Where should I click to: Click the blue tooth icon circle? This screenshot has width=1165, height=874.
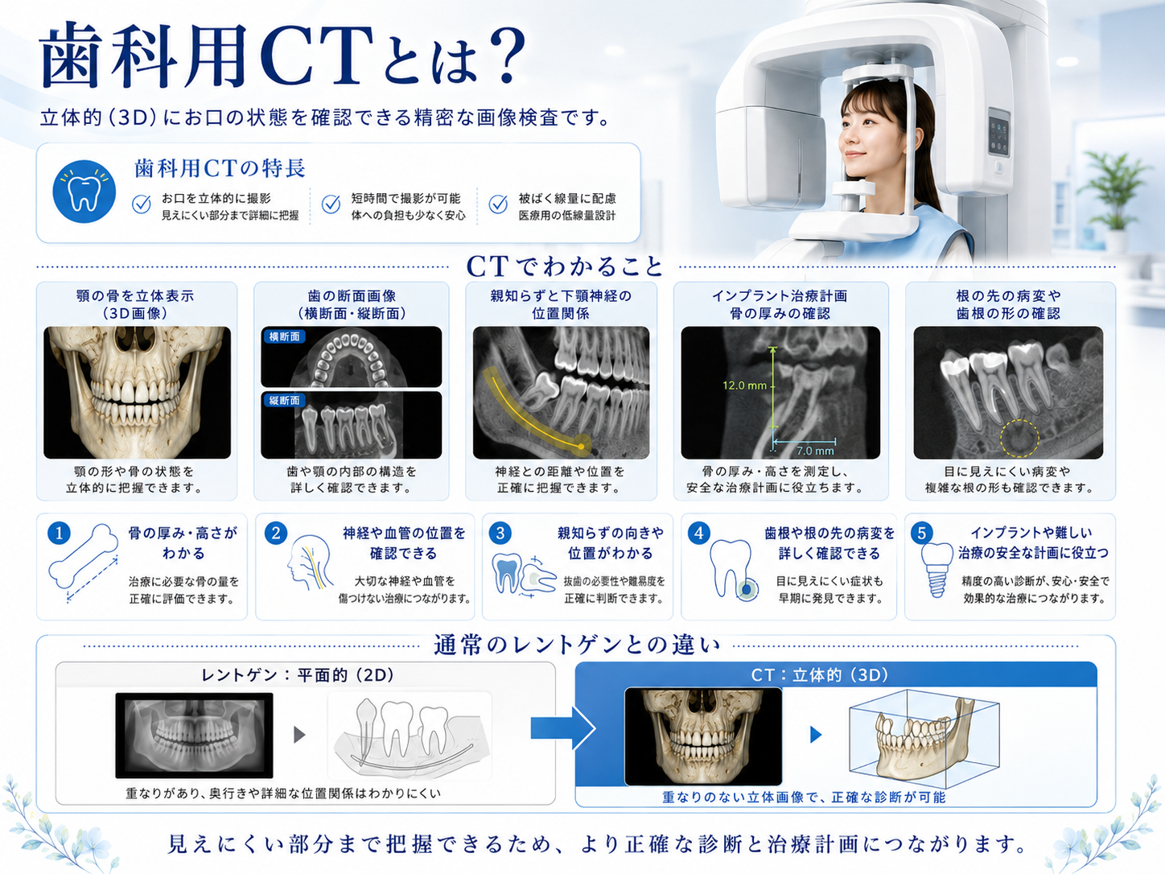(x=84, y=192)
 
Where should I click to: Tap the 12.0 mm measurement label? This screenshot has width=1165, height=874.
(x=744, y=385)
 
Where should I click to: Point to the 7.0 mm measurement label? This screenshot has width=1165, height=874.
(x=815, y=451)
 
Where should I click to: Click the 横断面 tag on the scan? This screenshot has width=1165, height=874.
(x=285, y=336)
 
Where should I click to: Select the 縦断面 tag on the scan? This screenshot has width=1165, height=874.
(x=285, y=400)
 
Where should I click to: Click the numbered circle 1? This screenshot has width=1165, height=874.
(x=59, y=534)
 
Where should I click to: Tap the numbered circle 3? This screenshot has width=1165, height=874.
(x=500, y=534)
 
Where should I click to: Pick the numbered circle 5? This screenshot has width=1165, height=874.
(x=922, y=533)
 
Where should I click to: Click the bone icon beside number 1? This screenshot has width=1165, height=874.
(x=84, y=556)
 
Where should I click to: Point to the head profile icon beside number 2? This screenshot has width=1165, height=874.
(x=310, y=563)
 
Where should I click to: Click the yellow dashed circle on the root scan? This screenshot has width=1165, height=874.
(x=1019, y=439)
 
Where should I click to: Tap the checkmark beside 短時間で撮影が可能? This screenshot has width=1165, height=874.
(x=331, y=204)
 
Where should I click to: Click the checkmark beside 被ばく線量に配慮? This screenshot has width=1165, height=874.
(x=498, y=204)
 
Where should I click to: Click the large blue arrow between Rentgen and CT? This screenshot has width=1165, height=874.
(x=564, y=728)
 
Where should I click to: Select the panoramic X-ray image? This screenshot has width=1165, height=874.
(x=194, y=735)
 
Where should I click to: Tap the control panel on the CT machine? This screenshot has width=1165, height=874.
(x=998, y=132)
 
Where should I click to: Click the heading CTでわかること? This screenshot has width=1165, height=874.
(x=564, y=266)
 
